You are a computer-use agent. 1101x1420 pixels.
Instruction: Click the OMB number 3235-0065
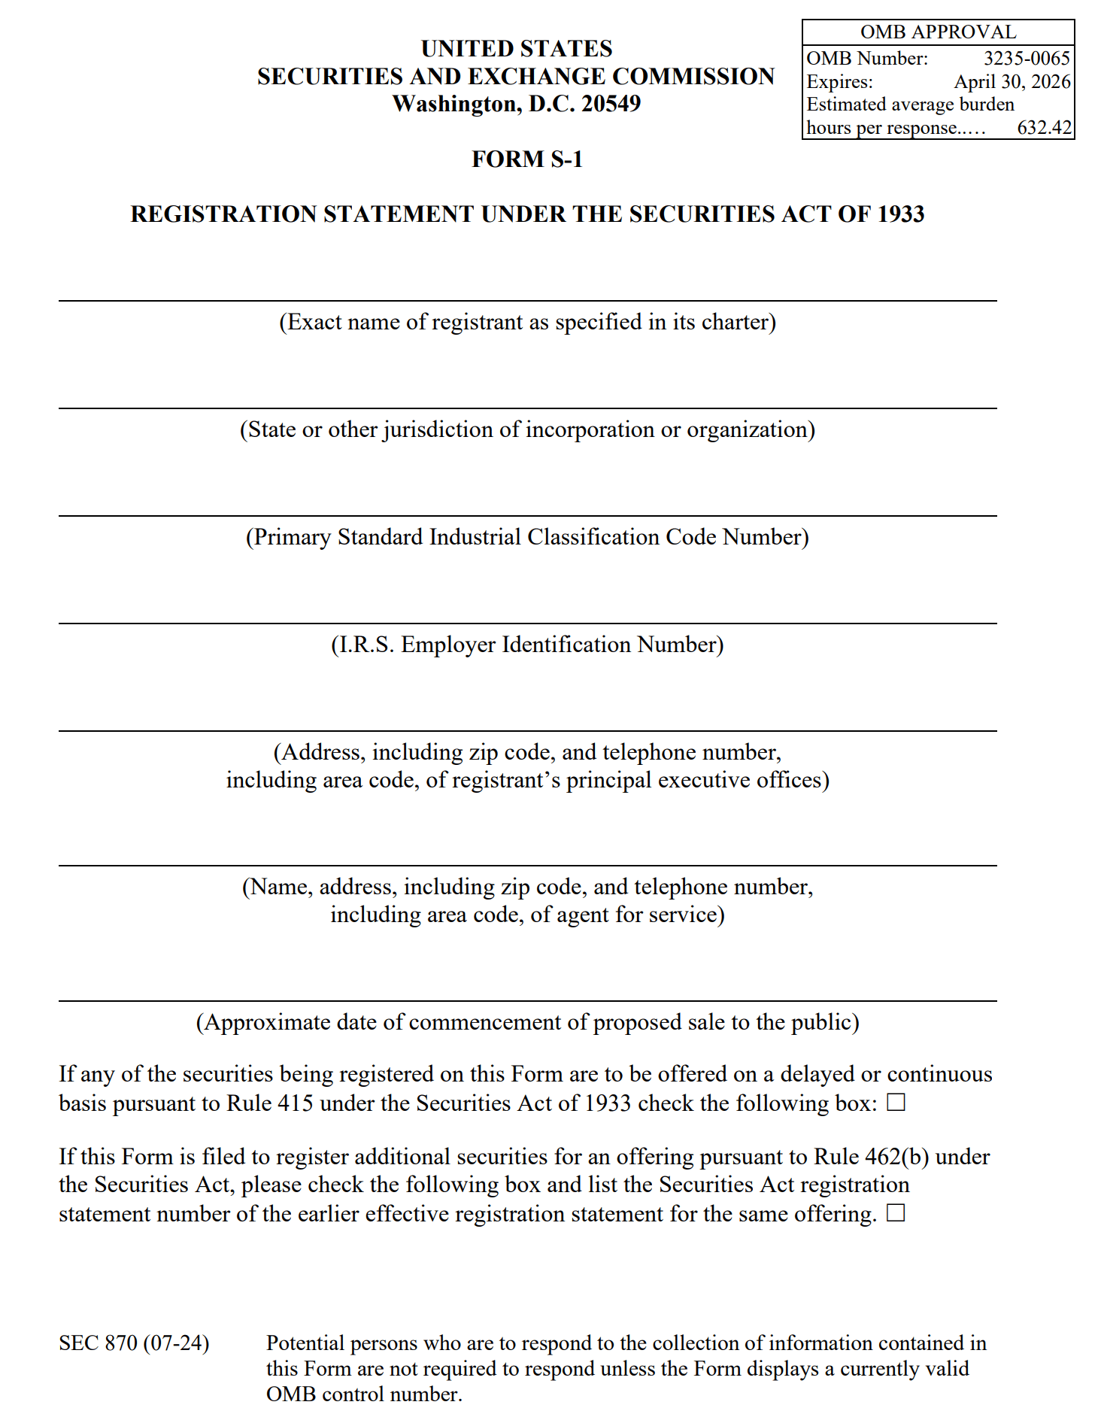1027,59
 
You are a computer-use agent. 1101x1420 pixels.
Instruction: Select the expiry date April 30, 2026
1012,82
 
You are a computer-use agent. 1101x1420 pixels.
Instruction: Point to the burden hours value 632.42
1044,128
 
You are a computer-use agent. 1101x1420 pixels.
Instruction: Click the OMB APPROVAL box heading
938,32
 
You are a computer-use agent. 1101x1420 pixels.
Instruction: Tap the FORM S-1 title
527,159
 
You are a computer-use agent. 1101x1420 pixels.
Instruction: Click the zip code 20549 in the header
611,104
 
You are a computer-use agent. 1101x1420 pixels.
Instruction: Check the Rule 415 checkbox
896,1103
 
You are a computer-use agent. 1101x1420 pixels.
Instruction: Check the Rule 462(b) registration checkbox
896,1213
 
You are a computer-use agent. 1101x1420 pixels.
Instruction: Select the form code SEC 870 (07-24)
134,1343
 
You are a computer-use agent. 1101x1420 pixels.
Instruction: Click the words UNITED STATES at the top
517,49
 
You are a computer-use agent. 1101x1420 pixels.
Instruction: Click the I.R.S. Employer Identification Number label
527,645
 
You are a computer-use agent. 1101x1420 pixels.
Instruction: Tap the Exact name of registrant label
527,322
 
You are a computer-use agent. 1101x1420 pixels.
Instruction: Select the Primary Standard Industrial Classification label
527,537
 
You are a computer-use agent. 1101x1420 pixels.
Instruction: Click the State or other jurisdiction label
527,429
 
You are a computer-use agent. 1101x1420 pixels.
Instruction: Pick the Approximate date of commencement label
527,1022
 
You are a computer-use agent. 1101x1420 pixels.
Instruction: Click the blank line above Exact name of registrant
527,300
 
